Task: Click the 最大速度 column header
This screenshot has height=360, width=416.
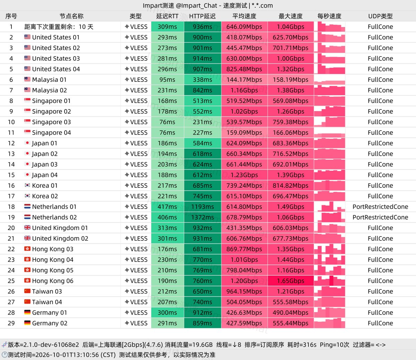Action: (x=291, y=16)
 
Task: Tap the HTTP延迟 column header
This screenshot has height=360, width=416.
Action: (x=202, y=16)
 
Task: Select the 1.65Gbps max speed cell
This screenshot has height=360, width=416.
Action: (x=291, y=281)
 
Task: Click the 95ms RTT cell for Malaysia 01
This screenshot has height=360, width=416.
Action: (x=167, y=80)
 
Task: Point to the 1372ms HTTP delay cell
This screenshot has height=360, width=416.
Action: (x=202, y=217)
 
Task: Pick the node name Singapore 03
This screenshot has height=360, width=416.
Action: (x=52, y=122)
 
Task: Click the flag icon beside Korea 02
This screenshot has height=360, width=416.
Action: (x=27, y=196)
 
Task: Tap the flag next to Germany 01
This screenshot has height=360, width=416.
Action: (x=27, y=312)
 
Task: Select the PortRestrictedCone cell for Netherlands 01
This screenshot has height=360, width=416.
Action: (x=380, y=207)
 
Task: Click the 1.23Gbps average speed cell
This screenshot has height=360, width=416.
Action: (x=244, y=175)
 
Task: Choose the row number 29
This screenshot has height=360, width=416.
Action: (x=11, y=323)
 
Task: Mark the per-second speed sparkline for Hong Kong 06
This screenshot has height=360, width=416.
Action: (x=329, y=281)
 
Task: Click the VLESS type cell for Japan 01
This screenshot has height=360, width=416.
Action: (x=136, y=143)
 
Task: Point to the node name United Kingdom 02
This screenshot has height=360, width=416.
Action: (x=60, y=238)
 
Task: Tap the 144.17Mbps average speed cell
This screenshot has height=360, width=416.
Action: (x=244, y=80)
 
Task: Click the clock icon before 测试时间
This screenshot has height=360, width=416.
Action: (x=5, y=354)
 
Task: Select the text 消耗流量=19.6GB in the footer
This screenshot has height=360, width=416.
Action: (x=189, y=345)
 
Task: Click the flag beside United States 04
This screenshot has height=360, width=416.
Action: (x=27, y=69)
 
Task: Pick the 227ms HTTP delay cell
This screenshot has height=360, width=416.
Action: (x=202, y=133)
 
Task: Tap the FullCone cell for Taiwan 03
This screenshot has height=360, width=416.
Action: (x=380, y=291)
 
